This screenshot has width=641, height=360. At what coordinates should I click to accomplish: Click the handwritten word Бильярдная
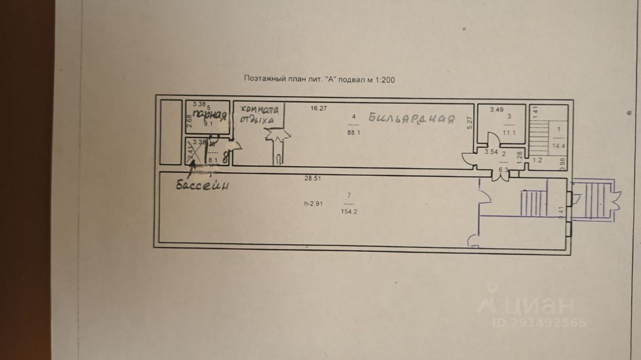(412, 119)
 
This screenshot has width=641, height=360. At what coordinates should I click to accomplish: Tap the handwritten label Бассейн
(202, 185)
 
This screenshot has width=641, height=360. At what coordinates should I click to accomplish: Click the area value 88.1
(354, 133)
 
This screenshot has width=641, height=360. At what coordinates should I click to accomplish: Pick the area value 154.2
(350, 212)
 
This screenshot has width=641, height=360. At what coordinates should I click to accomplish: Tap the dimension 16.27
(318, 108)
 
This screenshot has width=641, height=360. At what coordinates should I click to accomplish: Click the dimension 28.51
(313, 178)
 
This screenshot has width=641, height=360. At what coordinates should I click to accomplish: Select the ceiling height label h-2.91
(313, 204)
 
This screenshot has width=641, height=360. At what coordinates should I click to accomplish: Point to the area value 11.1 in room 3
(509, 133)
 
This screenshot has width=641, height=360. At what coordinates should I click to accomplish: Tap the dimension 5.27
(469, 123)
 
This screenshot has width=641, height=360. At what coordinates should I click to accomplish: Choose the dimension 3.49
(497, 110)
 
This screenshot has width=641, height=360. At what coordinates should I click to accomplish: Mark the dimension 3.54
(491, 152)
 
